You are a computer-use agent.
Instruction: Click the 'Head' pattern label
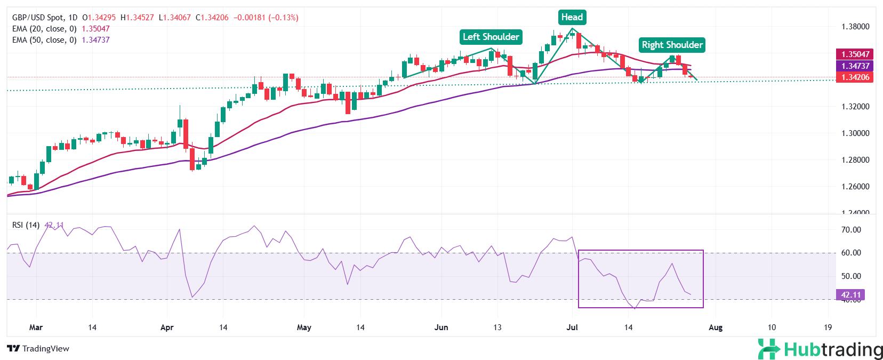tap(572, 17)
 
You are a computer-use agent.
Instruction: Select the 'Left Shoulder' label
tap(491, 37)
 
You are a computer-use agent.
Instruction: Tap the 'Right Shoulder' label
tap(672, 45)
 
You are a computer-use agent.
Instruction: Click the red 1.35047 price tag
tap(855, 54)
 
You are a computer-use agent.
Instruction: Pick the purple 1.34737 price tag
tap(855, 66)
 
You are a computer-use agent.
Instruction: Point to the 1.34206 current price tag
tap(855, 77)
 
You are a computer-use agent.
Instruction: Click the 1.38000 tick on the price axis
tap(855, 27)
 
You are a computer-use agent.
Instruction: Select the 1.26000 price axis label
tap(855, 187)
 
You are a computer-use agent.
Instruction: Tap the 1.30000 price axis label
tap(855, 133)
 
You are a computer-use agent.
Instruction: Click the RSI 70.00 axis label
tap(851, 230)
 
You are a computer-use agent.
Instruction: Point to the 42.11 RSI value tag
tap(851, 295)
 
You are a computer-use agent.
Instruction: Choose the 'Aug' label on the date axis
tap(716, 327)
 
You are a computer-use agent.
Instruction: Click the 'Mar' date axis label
tap(36, 327)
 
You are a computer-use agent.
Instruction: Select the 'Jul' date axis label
tap(572, 327)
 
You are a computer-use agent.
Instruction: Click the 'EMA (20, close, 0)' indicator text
tap(44, 29)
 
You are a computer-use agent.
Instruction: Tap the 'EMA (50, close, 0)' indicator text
tap(44, 40)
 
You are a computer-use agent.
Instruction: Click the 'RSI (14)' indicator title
tap(26, 225)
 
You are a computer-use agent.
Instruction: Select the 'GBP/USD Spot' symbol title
tap(37, 18)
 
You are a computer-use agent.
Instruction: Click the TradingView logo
tap(38, 349)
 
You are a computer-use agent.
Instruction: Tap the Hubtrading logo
tap(820, 349)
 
